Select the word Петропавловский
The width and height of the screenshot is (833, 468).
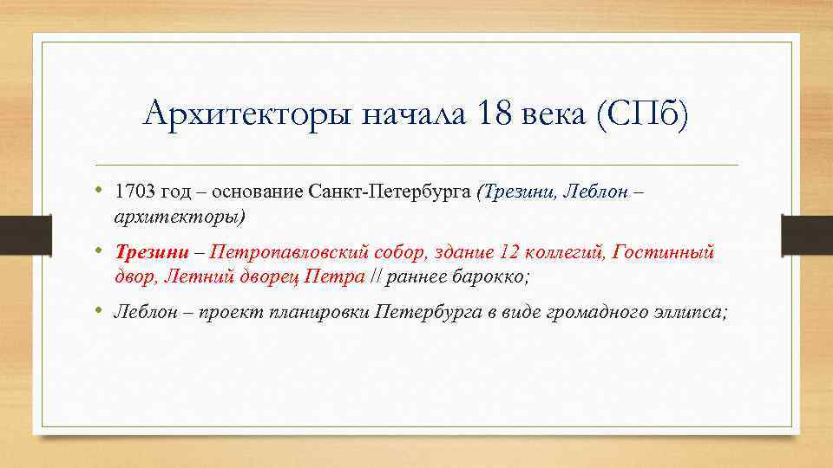point(291,252)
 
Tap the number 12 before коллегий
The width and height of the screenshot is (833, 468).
point(509,252)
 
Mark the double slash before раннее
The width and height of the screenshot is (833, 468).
point(376,276)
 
